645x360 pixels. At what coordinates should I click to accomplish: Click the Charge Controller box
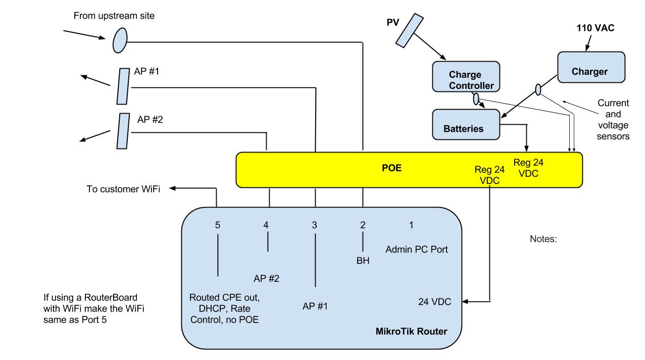pyautogui.click(x=465, y=77)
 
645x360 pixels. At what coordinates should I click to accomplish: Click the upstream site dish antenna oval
pyautogui.click(x=120, y=40)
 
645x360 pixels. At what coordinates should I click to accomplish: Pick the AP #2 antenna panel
pyautogui.click(x=122, y=130)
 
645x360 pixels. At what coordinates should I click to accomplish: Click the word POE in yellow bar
pyautogui.click(x=391, y=168)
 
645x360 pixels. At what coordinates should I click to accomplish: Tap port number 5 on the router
pyautogui.click(x=218, y=225)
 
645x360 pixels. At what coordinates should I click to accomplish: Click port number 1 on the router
pyautogui.click(x=411, y=225)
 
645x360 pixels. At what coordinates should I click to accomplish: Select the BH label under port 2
pyautogui.click(x=363, y=261)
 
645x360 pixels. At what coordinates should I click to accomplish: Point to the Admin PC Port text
pyautogui.click(x=416, y=249)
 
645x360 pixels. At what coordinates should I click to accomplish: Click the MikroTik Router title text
pyautogui.click(x=411, y=331)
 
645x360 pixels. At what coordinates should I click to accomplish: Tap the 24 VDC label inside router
pyautogui.click(x=434, y=302)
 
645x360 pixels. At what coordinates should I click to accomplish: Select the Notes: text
pyautogui.click(x=543, y=239)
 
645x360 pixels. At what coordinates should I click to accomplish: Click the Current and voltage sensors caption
pyautogui.click(x=613, y=119)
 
